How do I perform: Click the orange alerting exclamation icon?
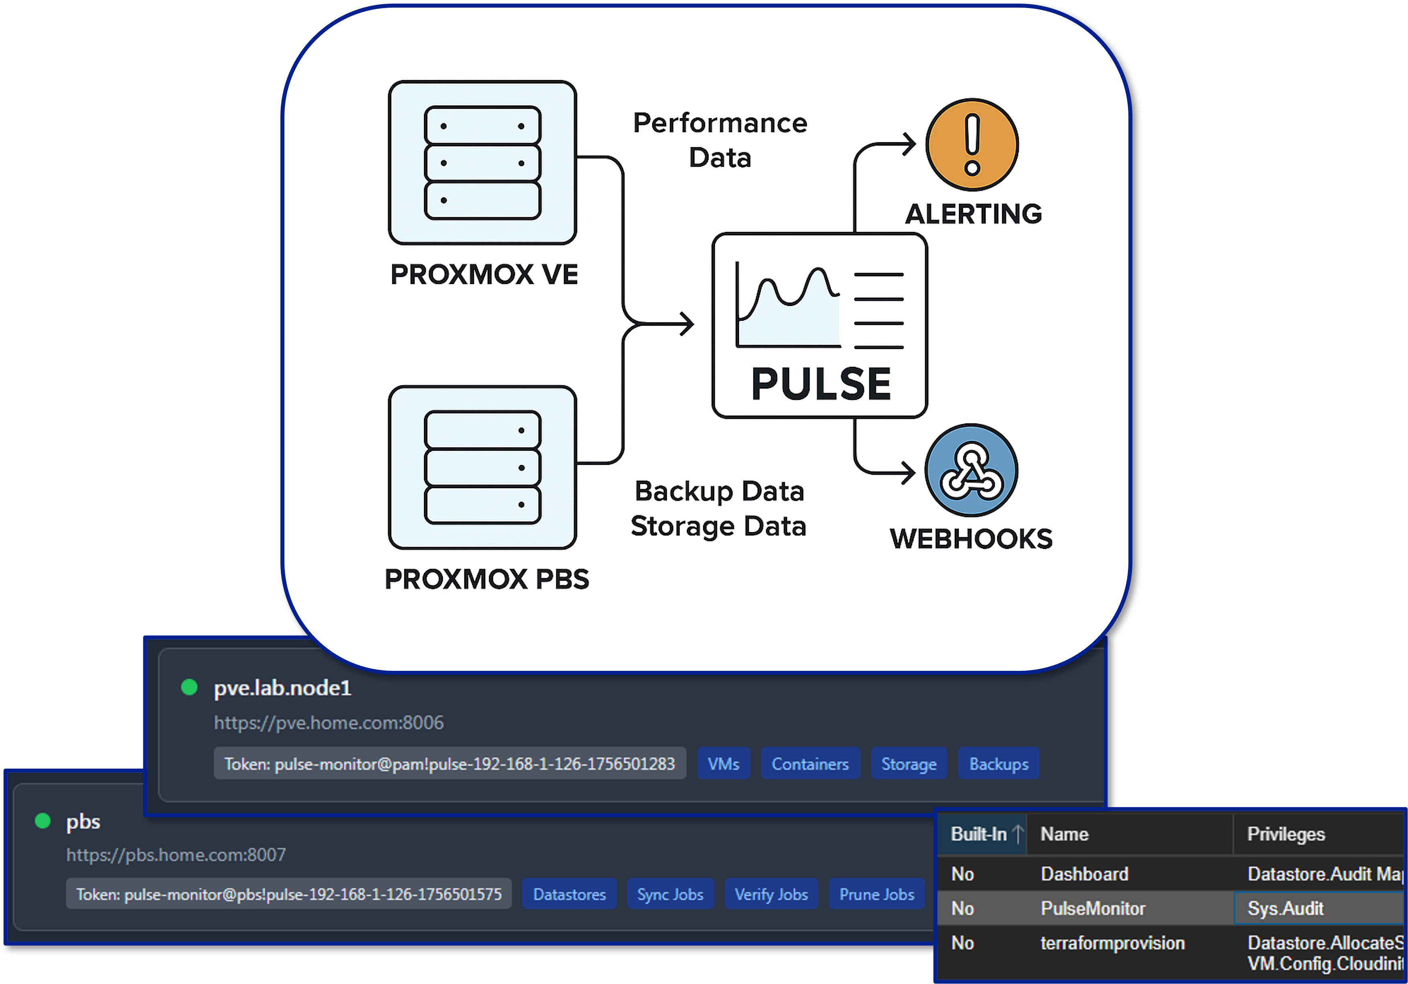(972, 145)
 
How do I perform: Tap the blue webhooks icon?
(972, 470)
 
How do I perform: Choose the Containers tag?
(809, 764)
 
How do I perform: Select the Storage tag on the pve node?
(909, 764)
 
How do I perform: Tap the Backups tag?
(998, 764)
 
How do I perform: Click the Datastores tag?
(569, 895)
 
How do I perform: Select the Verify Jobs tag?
(771, 895)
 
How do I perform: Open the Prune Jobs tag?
(876, 895)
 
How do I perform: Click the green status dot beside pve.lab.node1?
(189, 687)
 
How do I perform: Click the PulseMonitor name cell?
(1093, 909)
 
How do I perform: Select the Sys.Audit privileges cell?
(1285, 909)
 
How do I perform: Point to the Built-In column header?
(979, 834)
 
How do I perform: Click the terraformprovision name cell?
(1112, 943)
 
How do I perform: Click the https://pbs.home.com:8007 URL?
(176, 854)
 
